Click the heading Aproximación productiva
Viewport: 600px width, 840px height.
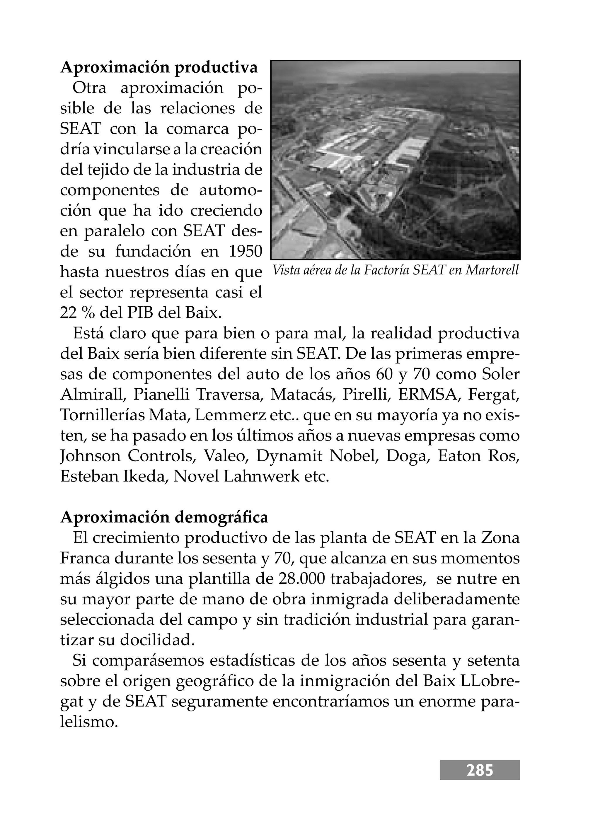[x=159, y=68]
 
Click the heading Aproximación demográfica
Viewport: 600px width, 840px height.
[x=164, y=517]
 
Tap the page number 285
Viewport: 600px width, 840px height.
[x=480, y=770]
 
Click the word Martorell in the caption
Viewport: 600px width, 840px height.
[x=492, y=270]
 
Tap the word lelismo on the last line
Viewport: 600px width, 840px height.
[x=89, y=721]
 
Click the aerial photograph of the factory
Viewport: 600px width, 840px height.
[x=395, y=160]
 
